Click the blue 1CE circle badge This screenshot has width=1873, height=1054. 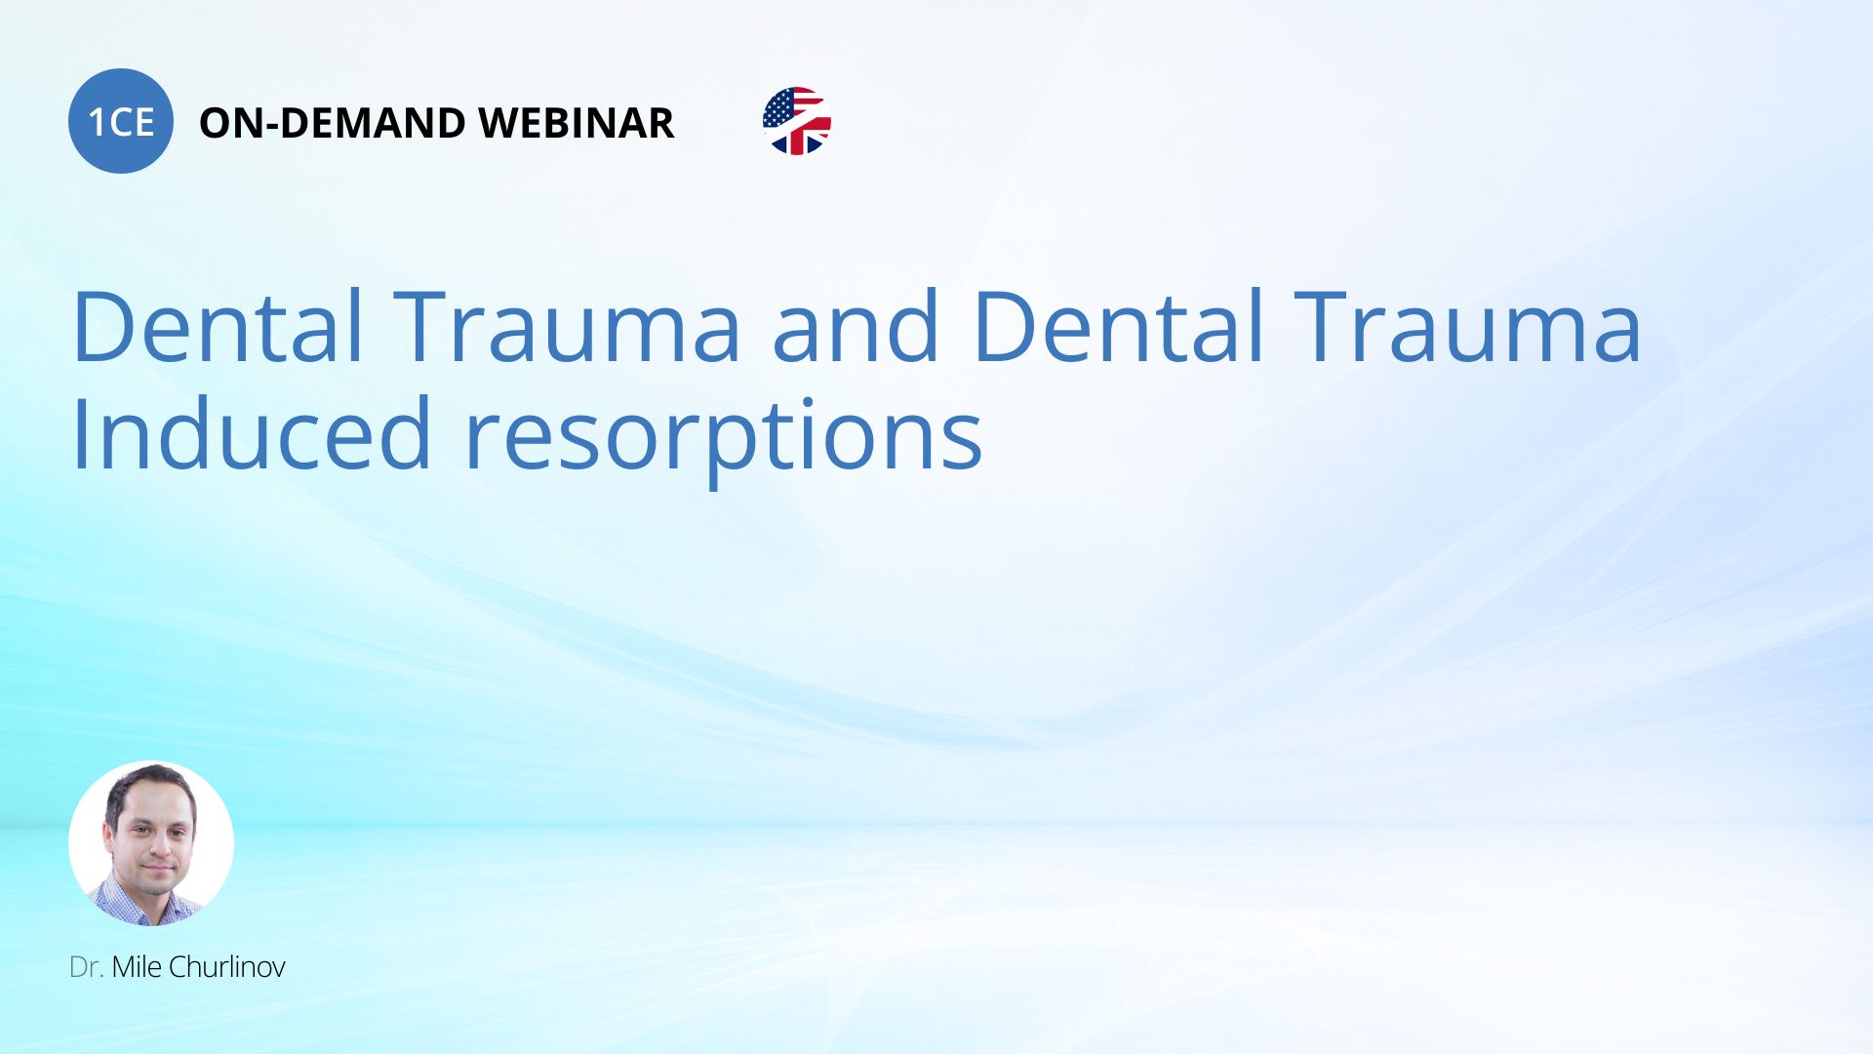click(x=121, y=121)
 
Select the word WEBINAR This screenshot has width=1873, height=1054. click(x=577, y=123)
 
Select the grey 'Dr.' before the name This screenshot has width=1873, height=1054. click(x=87, y=967)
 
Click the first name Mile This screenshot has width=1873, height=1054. click(x=137, y=967)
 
